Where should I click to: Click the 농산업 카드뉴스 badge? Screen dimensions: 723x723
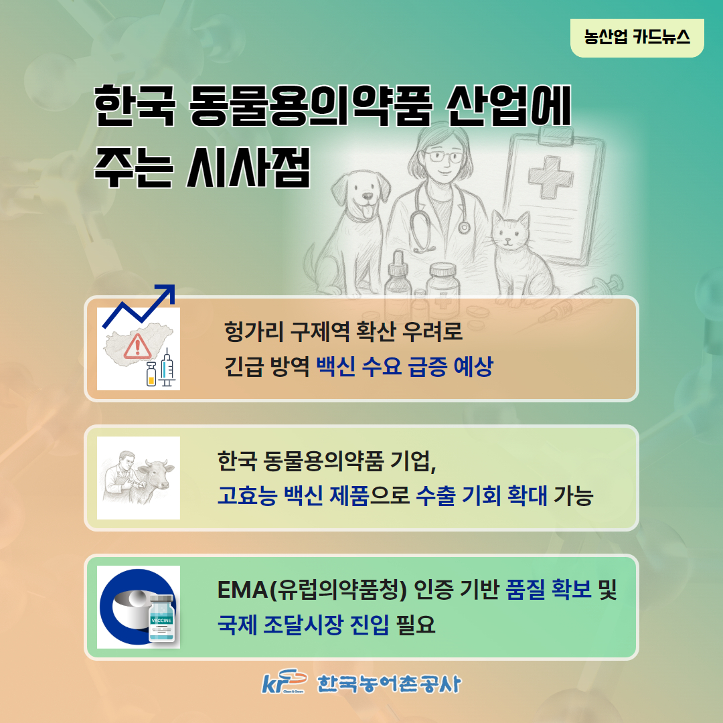click(x=637, y=37)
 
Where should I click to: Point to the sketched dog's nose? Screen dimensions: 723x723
click(x=367, y=196)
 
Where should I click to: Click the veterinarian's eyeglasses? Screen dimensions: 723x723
click(x=443, y=157)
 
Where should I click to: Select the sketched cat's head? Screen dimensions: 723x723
click(x=510, y=231)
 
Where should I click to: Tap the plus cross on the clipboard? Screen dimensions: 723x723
click(x=550, y=177)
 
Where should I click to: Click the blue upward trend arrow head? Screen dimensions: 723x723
click(x=166, y=293)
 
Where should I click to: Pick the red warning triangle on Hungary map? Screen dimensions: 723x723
click(x=137, y=347)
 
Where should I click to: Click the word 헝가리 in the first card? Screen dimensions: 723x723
click(x=253, y=331)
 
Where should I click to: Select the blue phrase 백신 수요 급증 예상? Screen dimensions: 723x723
click(x=405, y=367)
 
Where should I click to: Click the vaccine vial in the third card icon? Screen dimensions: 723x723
click(x=161, y=619)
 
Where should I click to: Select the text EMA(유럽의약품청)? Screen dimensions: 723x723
click(x=312, y=590)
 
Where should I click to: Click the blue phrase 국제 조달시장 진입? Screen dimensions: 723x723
click(x=303, y=625)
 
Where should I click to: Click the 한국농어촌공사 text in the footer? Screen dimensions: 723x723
click(x=389, y=684)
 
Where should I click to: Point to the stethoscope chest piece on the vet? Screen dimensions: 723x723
click(x=463, y=227)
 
